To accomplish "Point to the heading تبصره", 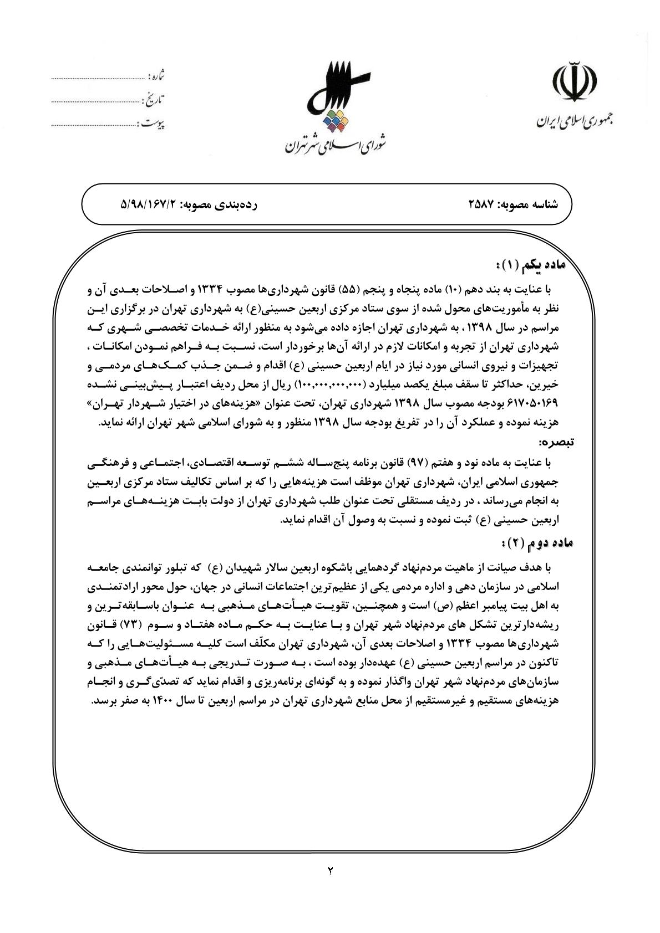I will tap(555, 442).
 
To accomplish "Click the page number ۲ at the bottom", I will tap(329, 870).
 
